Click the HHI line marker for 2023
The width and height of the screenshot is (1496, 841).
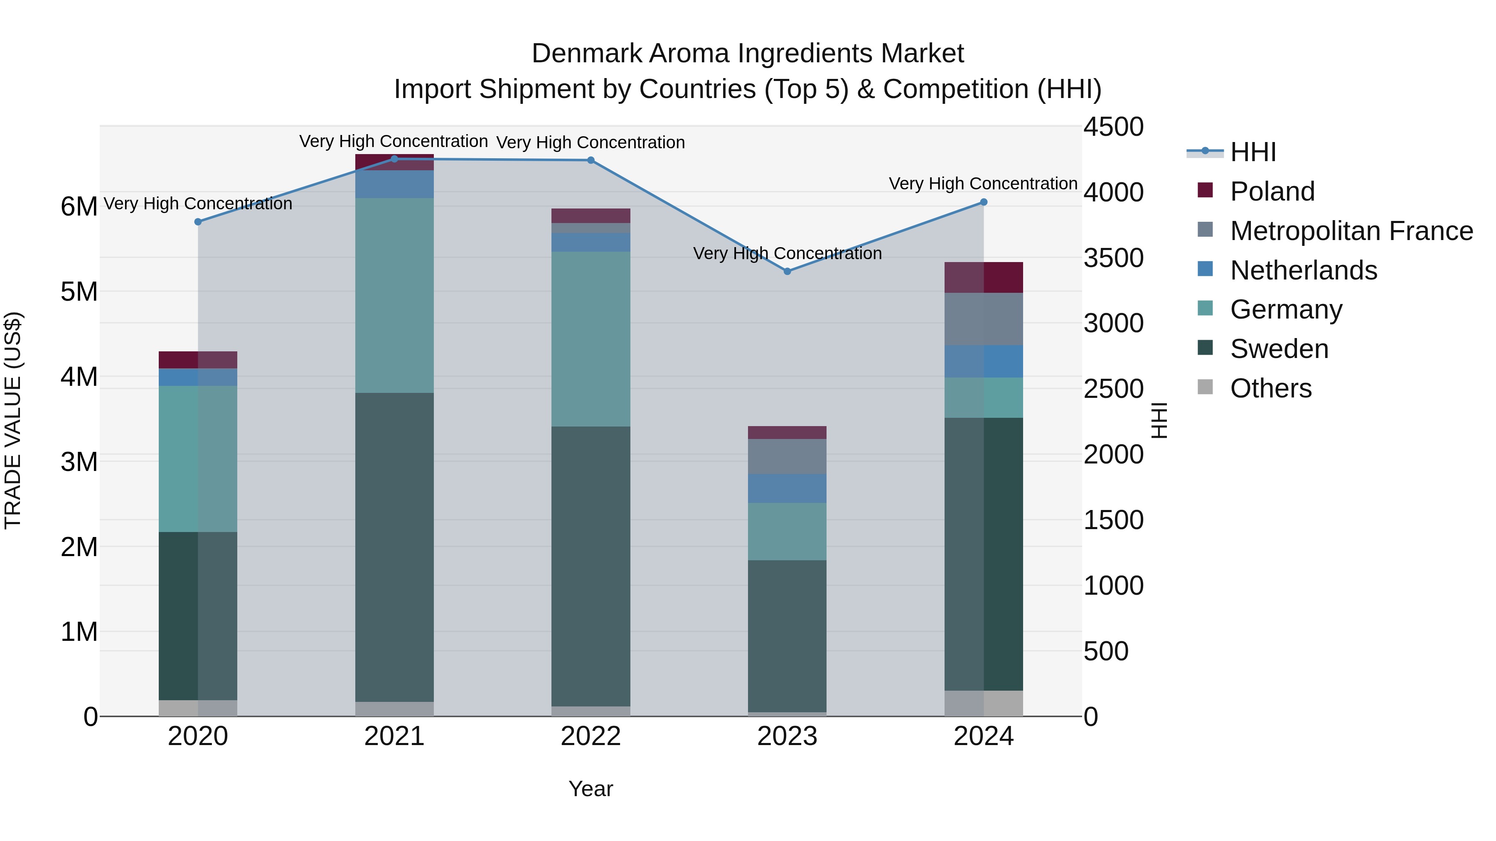click(x=787, y=271)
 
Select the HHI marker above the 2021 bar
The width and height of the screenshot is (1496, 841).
click(x=394, y=159)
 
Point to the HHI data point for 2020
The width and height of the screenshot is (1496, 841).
click(x=198, y=222)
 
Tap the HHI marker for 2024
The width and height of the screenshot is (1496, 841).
click(x=983, y=202)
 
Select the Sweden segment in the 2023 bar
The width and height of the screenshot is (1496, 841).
click(x=787, y=635)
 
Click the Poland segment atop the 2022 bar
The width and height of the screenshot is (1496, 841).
click(x=591, y=215)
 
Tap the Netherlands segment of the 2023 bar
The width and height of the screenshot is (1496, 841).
click(x=787, y=488)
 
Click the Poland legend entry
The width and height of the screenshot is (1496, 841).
click(x=1272, y=191)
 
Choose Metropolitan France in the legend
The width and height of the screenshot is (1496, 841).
click(x=1351, y=231)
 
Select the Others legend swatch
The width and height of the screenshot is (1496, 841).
click(x=1205, y=387)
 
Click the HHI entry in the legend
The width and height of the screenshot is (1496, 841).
click(x=1252, y=152)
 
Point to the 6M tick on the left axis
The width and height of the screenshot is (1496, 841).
click(x=79, y=207)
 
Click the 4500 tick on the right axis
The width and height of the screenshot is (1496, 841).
click(x=1113, y=127)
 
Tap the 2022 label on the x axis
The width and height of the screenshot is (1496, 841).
click(x=591, y=736)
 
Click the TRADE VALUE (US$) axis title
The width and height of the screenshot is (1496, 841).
click(x=13, y=420)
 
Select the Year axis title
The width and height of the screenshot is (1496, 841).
click(x=591, y=789)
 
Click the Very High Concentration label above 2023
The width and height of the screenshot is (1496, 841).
click(x=787, y=254)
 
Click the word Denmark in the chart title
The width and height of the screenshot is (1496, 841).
click(x=586, y=54)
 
